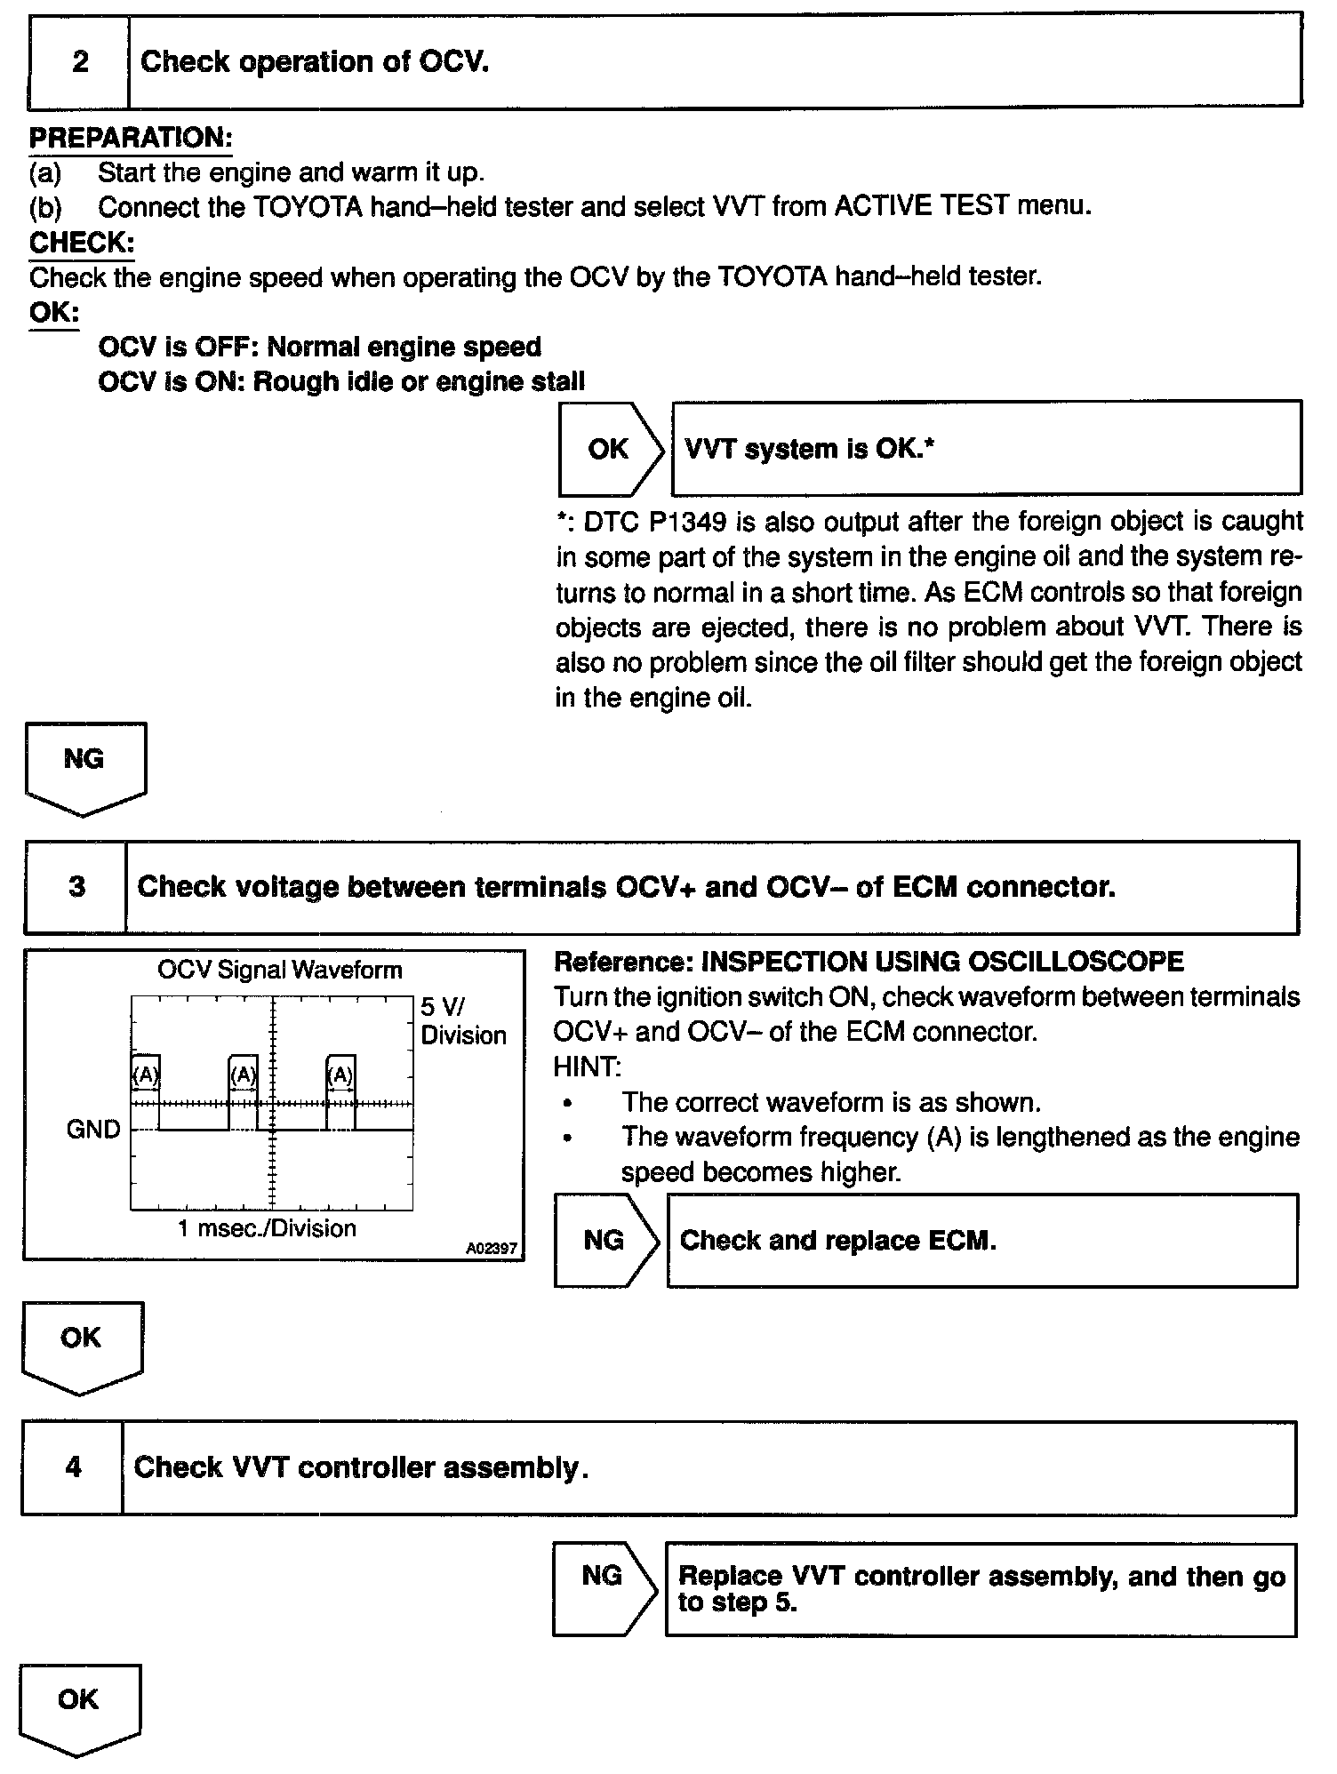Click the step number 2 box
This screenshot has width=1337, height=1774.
point(79,62)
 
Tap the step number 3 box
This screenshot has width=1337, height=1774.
point(76,887)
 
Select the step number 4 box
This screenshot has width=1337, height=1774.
point(73,1467)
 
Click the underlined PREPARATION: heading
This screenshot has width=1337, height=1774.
point(131,138)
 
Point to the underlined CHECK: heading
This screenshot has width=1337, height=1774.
point(82,242)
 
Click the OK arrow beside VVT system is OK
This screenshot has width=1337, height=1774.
point(610,449)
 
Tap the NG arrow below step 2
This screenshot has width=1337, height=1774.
point(84,764)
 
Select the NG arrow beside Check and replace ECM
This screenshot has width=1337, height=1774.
point(605,1240)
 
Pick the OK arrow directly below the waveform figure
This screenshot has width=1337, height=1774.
point(81,1343)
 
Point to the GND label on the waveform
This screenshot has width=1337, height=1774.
point(92,1130)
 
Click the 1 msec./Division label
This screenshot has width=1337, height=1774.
point(267,1228)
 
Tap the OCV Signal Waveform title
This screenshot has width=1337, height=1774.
point(279,970)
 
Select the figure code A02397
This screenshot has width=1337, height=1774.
point(492,1248)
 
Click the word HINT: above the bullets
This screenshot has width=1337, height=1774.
point(587,1067)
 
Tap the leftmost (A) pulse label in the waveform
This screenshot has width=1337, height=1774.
point(145,1075)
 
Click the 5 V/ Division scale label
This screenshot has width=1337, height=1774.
point(462,1020)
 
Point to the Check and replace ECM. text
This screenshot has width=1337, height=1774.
point(837,1241)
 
